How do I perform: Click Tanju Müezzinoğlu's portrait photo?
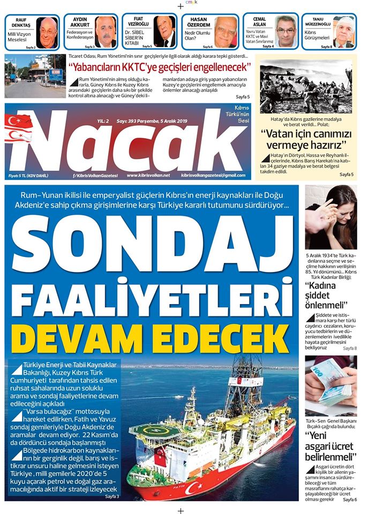[x=343, y=32]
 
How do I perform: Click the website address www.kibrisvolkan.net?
[x=148, y=175]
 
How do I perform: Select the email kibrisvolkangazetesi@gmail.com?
[x=213, y=175]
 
